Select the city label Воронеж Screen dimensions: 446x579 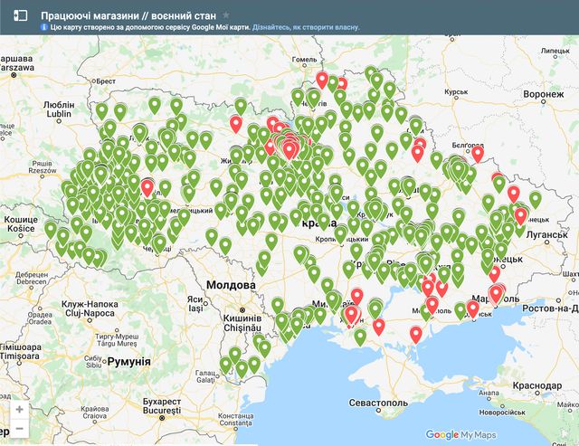(544, 95)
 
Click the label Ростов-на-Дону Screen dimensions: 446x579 (546, 308)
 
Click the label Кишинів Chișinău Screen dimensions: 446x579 (242, 324)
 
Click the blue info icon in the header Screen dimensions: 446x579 (44, 27)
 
